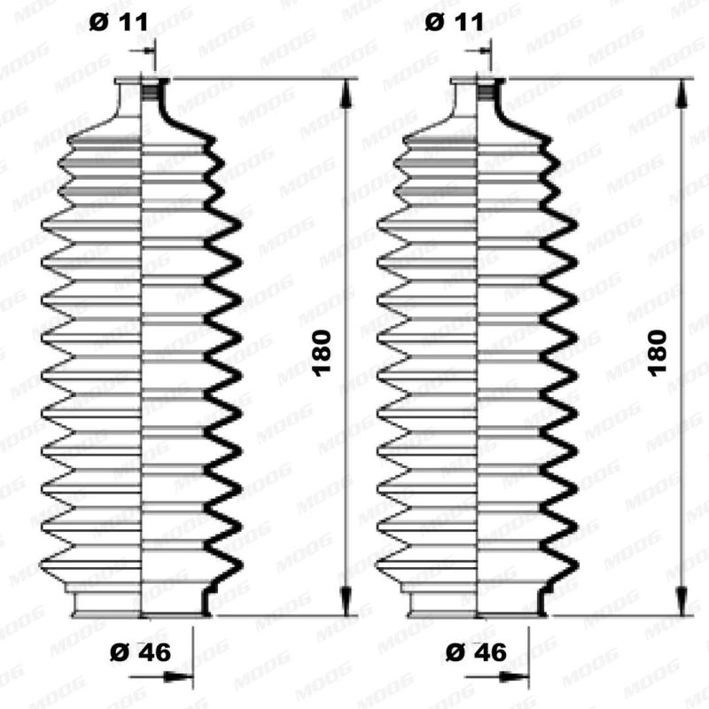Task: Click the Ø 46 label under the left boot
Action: coord(140,653)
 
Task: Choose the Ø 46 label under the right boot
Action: coord(477,653)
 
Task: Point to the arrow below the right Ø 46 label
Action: coord(517,680)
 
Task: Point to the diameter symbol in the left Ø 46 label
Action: coord(118,653)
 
